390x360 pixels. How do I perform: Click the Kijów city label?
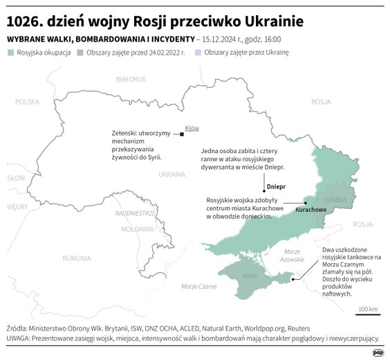pos(192,128)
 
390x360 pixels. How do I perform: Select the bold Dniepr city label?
pos(276,186)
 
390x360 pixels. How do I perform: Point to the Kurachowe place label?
pos(310,208)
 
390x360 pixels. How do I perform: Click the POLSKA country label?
pos(28,101)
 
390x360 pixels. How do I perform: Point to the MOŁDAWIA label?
pos(137,228)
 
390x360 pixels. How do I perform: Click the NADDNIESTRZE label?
pos(135,213)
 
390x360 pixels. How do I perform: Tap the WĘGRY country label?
pos(17,206)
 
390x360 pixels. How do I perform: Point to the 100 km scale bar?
pos(368,314)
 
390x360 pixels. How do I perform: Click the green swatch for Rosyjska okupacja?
pos(10,52)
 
